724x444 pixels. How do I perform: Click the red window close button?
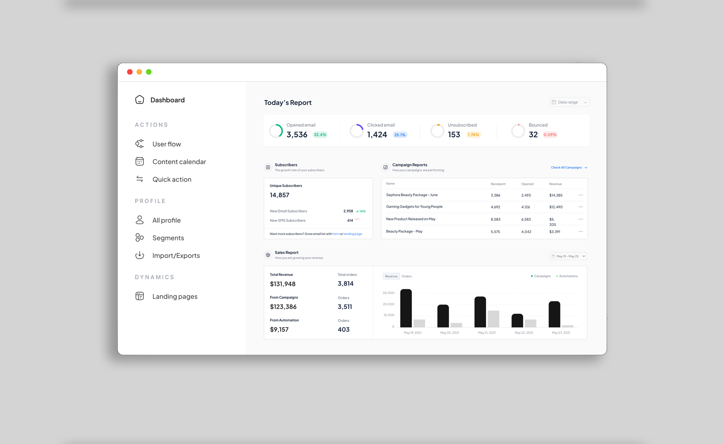click(x=130, y=72)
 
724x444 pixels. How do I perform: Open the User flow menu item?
click(x=166, y=144)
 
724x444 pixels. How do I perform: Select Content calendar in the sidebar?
click(x=179, y=162)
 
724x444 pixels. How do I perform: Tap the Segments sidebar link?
click(x=168, y=238)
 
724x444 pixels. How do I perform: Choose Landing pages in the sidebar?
click(x=175, y=297)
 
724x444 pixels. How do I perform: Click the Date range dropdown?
click(x=569, y=102)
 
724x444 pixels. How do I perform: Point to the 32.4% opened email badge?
click(x=320, y=135)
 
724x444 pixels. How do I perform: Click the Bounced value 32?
click(x=533, y=135)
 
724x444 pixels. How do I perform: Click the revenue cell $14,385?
click(x=556, y=195)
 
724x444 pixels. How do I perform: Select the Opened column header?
click(x=527, y=184)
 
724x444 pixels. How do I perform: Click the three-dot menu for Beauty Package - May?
click(x=581, y=231)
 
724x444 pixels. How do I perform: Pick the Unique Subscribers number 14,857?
click(x=279, y=195)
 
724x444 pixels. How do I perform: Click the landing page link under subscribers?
click(x=353, y=234)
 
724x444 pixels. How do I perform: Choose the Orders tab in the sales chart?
click(x=406, y=276)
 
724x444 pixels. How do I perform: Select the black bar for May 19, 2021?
click(x=406, y=308)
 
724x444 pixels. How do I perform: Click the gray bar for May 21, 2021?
click(x=493, y=319)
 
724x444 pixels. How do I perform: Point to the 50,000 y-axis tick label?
click(x=388, y=293)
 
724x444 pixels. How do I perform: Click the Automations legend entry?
click(x=567, y=276)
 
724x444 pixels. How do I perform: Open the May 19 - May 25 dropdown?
click(x=568, y=256)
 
